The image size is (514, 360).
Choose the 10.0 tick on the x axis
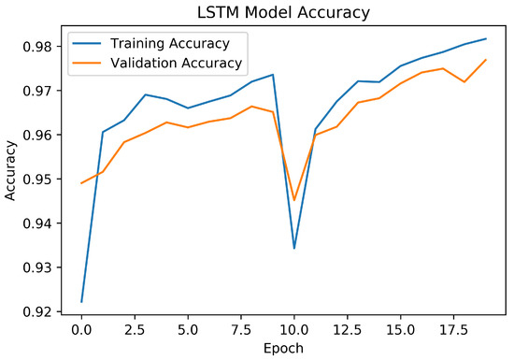(294, 329)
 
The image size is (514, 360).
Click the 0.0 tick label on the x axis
(81, 329)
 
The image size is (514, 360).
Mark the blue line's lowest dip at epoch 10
(294, 248)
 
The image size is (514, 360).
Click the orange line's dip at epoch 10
(294, 200)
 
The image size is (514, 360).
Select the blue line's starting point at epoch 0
(81, 301)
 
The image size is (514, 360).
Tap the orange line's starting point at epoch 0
(81, 183)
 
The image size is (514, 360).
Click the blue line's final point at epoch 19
(486, 38)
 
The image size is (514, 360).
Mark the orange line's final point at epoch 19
(486, 60)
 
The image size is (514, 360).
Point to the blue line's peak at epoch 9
(273, 75)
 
